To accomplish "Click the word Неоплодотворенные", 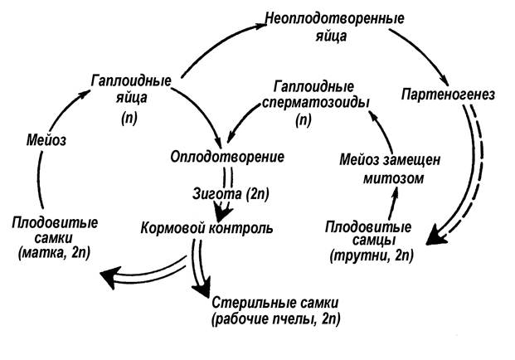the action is coord(334,18).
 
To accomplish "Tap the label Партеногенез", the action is coord(448,95).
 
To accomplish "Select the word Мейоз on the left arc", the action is coord(46,140).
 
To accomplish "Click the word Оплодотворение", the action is coord(227,157).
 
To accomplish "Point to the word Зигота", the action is coord(216,194).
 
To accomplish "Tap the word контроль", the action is coord(240,227).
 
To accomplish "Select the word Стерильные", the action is coord(250,303).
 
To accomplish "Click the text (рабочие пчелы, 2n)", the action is coord(276,319).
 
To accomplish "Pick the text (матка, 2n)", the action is coord(55,253).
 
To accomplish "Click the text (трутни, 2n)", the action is coord(372,255).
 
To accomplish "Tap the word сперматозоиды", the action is coord(316,103).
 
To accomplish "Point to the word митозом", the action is coord(393,178).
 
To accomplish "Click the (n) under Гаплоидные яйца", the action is coord(129,118).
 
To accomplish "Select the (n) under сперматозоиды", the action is coord(304,120).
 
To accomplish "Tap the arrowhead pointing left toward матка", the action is coord(110,277).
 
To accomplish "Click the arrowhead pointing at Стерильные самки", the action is coord(202,288).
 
